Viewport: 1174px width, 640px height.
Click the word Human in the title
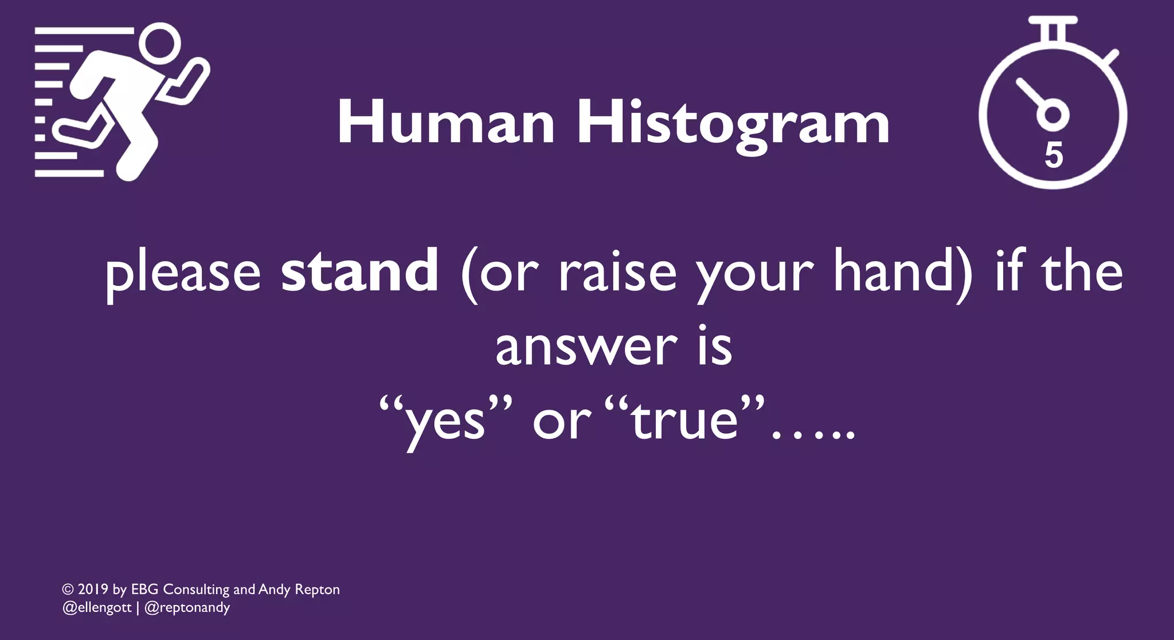[x=446, y=123]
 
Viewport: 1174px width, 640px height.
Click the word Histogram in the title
[x=733, y=123]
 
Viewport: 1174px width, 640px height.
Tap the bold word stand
[x=359, y=271]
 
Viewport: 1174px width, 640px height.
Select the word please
[x=183, y=274]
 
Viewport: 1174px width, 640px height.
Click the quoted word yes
[x=445, y=423]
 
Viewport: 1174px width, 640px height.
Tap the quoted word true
[x=684, y=421]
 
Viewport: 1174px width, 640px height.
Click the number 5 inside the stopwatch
[x=1054, y=155]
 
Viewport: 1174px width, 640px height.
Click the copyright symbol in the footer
[x=68, y=590]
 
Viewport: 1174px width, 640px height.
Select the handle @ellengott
[x=97, y=607]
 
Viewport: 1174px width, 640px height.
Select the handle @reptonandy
[x=187, y=607]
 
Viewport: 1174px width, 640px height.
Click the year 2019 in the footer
[x=93, y=590]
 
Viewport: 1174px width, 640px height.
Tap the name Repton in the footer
[x=317, y=590]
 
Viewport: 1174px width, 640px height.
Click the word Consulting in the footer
[x=196, y=590]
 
